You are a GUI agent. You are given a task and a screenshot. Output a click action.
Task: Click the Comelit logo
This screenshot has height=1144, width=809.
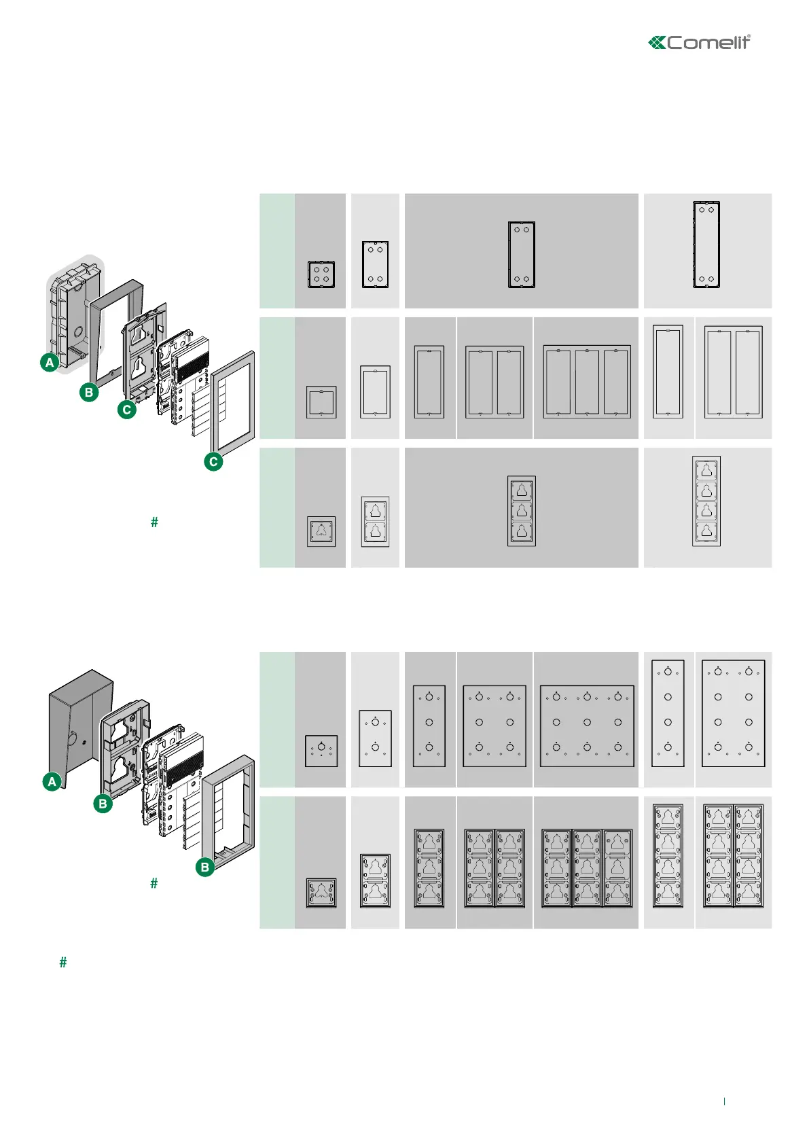coord(700,43)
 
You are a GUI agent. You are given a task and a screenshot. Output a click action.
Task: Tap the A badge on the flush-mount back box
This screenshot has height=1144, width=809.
coord(50,363)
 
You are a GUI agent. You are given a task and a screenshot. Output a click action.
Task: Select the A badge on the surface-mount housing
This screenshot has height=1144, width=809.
coord(52,782)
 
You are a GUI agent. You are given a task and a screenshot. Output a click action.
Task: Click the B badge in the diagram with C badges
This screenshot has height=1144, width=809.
coord(89,392)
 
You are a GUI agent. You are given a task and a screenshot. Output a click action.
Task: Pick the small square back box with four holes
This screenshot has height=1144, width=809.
coord(321,274)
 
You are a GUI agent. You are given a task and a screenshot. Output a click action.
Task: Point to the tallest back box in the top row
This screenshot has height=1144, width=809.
coord(706,245)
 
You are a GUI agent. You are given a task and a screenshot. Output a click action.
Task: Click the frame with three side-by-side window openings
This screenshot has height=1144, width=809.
coord(587,382)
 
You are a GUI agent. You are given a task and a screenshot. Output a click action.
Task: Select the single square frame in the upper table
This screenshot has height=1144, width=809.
coord(321,402)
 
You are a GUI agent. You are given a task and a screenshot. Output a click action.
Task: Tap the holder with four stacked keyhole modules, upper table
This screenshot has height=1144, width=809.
coord(706,501)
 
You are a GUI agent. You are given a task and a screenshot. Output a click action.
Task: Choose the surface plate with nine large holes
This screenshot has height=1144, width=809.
coord(587,726)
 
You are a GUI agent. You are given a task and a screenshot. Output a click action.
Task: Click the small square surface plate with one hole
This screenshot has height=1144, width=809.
coord(321,751)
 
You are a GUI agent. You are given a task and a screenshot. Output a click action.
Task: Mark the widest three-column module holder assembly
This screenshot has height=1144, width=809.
coord(587,868)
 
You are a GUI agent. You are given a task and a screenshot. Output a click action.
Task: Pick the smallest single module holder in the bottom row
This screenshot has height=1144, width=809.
coord(321,893)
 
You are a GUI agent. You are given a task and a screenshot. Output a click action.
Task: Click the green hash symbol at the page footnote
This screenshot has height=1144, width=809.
coord(63,963)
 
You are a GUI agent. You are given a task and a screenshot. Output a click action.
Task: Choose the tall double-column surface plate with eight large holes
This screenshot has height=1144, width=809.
coord(734,713)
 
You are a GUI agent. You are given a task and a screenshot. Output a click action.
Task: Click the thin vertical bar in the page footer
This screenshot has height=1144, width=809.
coord(724,1101)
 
